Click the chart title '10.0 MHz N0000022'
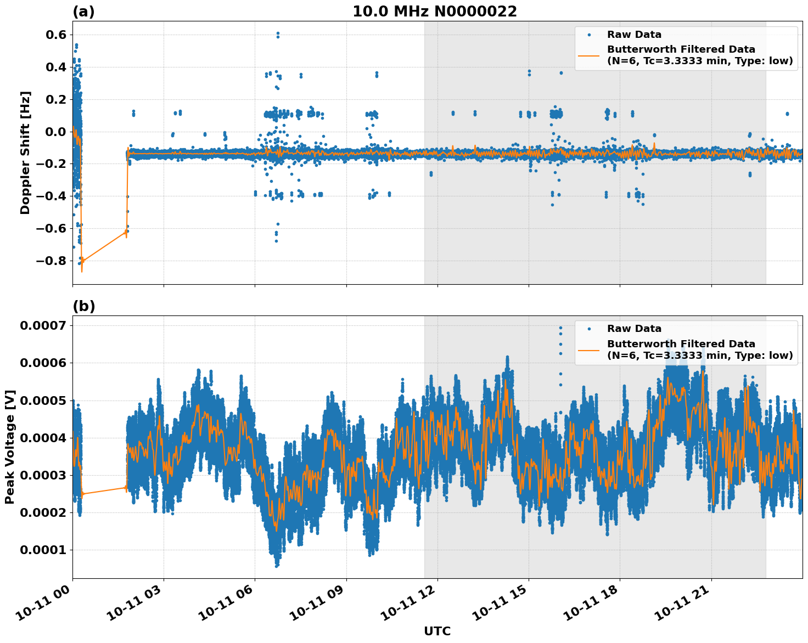point(434,12)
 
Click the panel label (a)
point(83,12)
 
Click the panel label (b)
point(83,306)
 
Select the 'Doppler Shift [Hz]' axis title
point(25,153)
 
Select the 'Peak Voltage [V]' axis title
point(10,447)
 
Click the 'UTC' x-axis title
point(437,631)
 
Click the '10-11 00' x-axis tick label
point(45,606)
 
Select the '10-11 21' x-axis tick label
point(684,606)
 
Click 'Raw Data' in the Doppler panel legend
point(634,35)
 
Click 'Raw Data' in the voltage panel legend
point(634,329)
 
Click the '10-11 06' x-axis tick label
point(227,606)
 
